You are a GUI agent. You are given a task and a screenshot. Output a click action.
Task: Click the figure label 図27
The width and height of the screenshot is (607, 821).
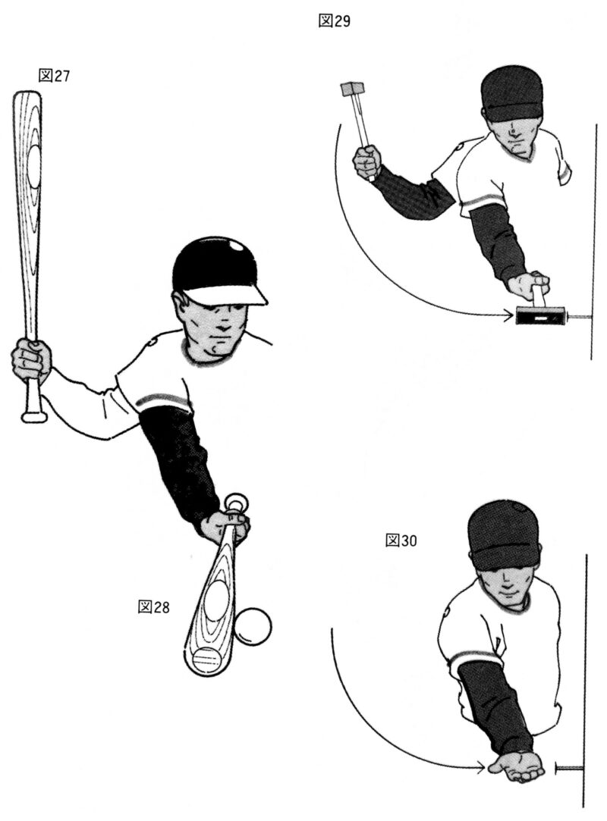(x=54, y=76)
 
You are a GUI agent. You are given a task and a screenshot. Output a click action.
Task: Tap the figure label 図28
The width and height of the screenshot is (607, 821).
(x=153, y=607)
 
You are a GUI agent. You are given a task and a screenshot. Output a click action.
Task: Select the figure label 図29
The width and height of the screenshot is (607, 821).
(x=335, y=21)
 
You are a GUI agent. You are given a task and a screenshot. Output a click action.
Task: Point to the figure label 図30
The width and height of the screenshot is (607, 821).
(x=401, y=541)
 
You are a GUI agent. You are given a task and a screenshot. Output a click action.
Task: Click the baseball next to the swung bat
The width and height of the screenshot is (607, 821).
(x=253, y=625)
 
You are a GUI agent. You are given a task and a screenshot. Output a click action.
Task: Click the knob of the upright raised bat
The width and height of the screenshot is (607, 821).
(x=34, y=417)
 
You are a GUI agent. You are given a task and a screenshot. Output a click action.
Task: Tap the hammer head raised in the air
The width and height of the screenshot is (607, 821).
(x=352, y=89)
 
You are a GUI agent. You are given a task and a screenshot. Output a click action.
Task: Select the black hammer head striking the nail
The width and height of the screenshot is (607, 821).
(x=540, y=316)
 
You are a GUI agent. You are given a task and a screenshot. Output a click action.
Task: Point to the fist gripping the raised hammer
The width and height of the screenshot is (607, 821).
(x=367, y=162)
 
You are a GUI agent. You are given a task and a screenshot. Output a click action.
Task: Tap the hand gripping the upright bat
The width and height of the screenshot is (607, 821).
(x=31, y=360)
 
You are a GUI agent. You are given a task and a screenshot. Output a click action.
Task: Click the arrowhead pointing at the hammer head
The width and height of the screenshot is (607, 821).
(x=508, y=315)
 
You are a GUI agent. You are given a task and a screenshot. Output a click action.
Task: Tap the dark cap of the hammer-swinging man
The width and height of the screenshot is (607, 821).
(x=511, y=93)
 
